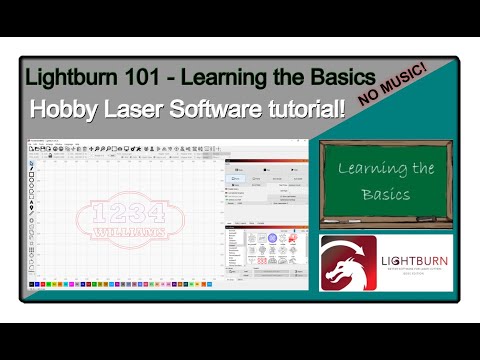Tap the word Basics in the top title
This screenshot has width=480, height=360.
[x=339, y=77]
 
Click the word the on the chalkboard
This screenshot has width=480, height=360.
[x=426, y=169]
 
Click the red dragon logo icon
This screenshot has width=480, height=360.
[x=348, y=263]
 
